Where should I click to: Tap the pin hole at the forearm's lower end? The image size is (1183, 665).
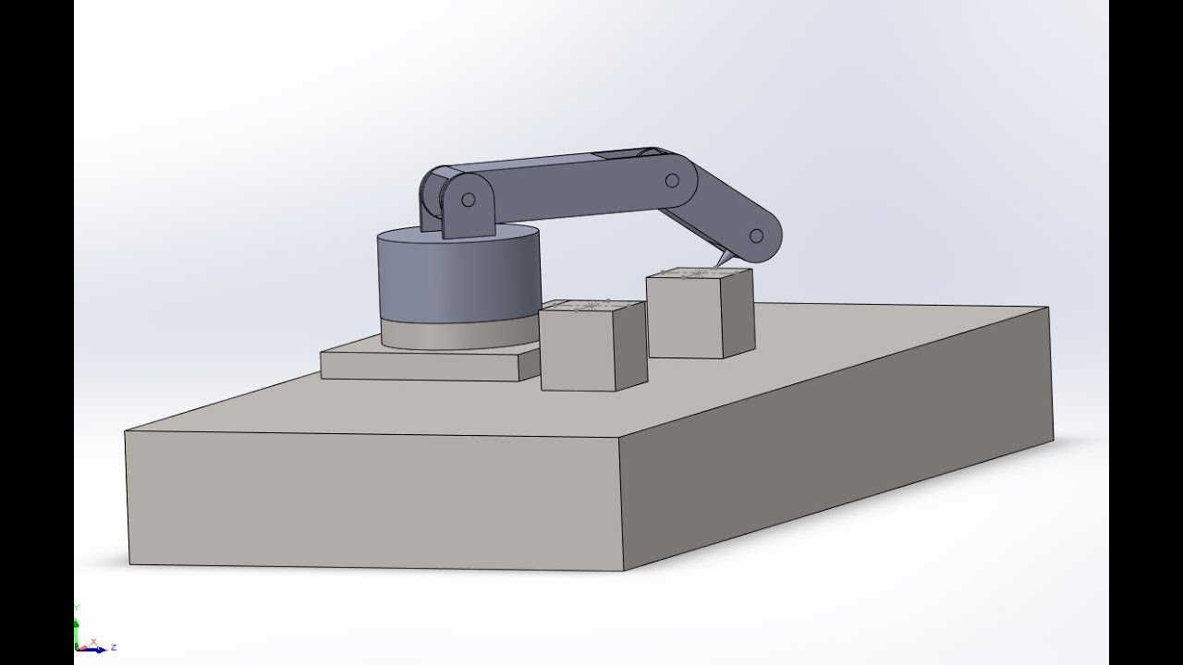pos(757,235)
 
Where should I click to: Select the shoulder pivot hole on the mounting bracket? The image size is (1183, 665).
pos(469,199)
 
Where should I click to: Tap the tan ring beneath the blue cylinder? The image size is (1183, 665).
pos(444,335)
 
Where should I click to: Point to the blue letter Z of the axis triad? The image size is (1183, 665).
pos(113,647)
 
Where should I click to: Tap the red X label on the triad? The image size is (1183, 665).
pos(93,641)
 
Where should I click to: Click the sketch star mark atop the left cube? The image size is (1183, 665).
pos(589,306)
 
